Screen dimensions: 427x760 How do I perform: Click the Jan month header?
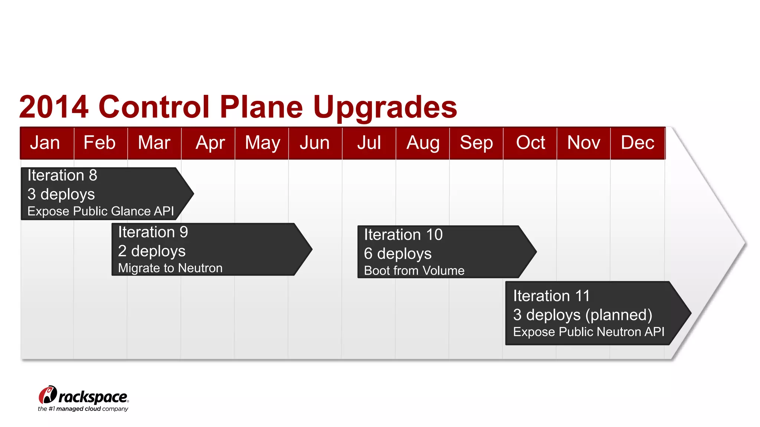(45, 143)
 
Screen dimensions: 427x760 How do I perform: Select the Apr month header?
(210, 143)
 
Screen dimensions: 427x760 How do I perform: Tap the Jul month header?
(369, 143)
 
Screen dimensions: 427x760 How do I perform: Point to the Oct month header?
(530, 143)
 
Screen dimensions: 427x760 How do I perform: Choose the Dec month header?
(638, 143)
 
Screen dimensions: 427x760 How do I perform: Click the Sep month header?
(476, 143)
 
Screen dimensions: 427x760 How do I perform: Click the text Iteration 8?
(62, 175)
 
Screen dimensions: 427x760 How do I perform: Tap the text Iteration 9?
(153, 232)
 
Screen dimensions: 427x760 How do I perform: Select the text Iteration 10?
(403, 235)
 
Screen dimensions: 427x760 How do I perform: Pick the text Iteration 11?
(551, 296)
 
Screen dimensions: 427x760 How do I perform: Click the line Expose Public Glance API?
(101, 211)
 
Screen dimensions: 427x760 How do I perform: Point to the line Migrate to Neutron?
(170, 268)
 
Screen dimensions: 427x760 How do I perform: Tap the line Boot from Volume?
(414, 271)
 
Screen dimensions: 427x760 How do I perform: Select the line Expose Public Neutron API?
(589, 332)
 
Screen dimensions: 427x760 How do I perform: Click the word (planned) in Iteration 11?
(619, 315)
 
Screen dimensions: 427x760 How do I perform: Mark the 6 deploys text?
(397, 254)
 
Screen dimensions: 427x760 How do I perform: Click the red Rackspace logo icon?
(47, 395)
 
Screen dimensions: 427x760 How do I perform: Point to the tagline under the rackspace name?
(83, 409)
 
